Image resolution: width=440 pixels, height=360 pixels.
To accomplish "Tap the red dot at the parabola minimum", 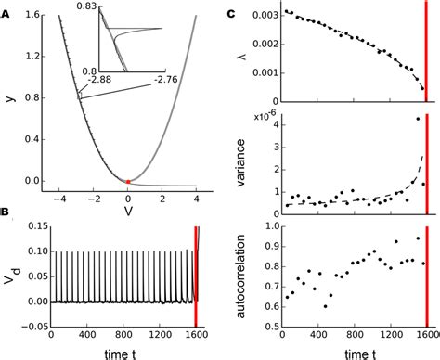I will tap(127, 180).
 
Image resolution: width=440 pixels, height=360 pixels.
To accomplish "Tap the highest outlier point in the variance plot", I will tap(419, 118).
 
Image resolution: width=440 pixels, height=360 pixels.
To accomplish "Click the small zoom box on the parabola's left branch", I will tap(80, 95).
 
